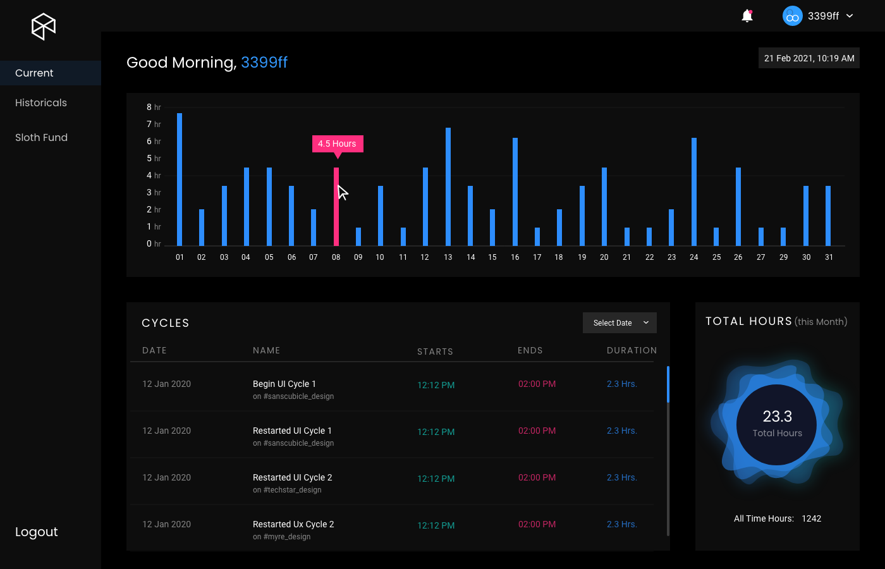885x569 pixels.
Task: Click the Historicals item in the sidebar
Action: point(41,102)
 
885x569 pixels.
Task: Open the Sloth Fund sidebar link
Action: point(41,137)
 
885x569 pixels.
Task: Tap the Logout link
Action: point(37,532)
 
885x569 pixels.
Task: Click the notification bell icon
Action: point(747,16)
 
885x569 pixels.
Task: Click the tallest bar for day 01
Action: point(180,180)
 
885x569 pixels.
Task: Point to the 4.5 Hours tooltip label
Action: point(337,144)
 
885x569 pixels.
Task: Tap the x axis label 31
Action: point(829,257)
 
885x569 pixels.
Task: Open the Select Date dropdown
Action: point(619,322)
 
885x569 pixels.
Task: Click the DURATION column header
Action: point(632,350)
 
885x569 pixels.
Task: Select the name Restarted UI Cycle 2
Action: point(292,477)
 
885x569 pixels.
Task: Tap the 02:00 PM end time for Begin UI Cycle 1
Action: point(537,384)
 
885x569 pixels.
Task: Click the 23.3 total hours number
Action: point(777,416)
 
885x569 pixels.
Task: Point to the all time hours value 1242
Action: point(811,518)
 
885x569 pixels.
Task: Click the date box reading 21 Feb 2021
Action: point(809,58)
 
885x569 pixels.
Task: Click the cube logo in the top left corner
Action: point(44,27)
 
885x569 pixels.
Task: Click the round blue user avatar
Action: point(792,16)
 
